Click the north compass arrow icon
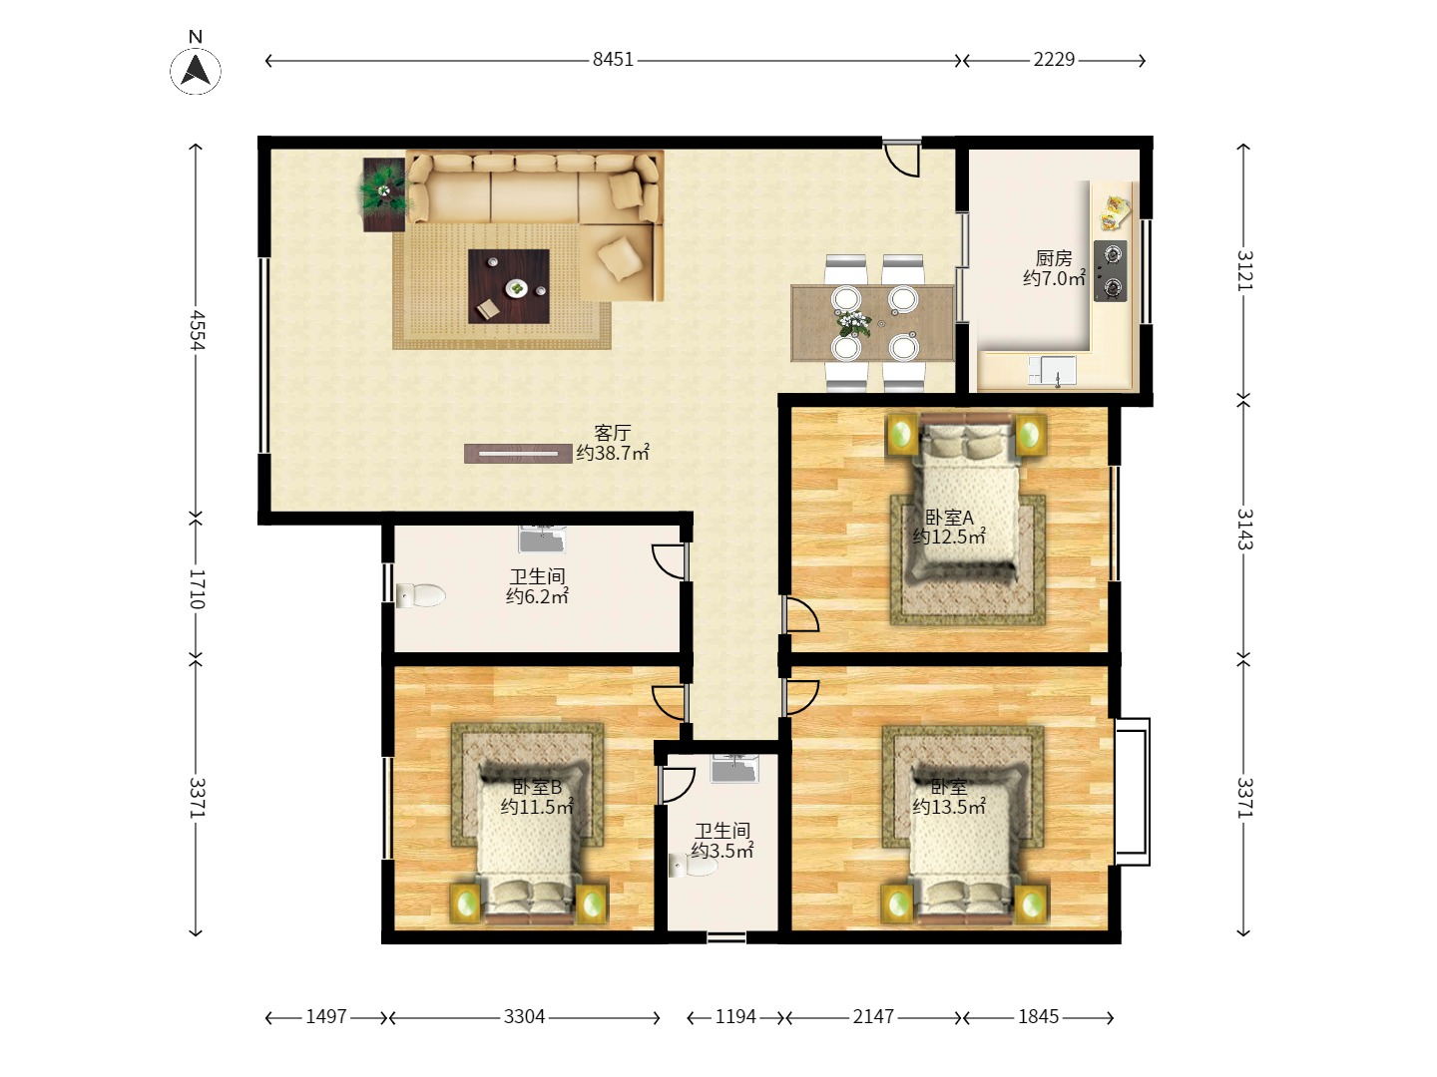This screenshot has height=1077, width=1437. [195, 71]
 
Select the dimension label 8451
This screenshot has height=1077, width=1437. [613, 60]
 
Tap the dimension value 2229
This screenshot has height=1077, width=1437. [1054, 60]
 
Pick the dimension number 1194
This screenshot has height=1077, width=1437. [735, 1017]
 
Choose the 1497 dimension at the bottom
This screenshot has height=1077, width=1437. [326, 1017]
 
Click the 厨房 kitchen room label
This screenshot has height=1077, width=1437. [1054, 258]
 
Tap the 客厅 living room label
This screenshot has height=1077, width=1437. [612, 432]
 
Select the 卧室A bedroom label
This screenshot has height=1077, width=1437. [949, 518]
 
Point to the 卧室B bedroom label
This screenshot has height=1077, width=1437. [537, 787]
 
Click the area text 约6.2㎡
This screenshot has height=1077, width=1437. [537, 596]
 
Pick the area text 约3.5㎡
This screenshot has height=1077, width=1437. [722, 851]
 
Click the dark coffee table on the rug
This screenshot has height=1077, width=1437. [509, 286]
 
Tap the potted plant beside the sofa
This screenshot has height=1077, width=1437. [384, 193]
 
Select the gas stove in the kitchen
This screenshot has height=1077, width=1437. [1111, 270]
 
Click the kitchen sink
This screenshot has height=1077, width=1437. [1052, 371]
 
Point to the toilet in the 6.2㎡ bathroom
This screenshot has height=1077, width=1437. [420, 595]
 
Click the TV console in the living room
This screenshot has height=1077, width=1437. [519, 453]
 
